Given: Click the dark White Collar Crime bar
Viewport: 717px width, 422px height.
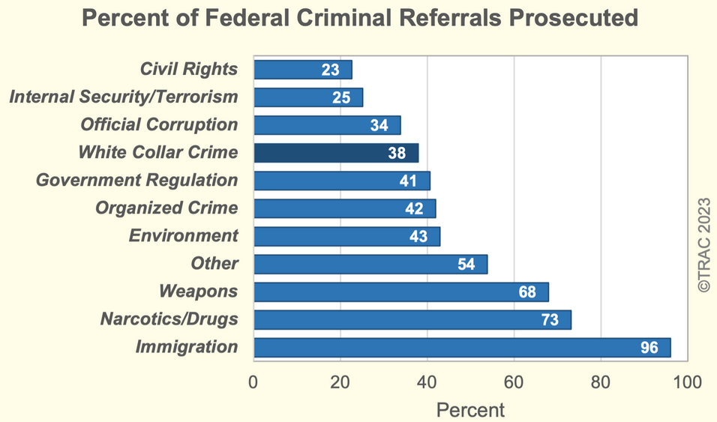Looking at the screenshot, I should (x=335, y=153).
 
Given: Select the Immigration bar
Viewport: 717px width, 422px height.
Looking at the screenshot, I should (x=462, y=347).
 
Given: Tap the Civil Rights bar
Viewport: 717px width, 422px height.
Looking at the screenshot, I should (x=302, y=70).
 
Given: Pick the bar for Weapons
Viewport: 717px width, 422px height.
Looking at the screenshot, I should (x=400, y=292).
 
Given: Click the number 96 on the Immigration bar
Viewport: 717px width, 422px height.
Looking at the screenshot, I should (x=649, y=347).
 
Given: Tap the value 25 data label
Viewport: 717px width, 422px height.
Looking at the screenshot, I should (x=342, y=97).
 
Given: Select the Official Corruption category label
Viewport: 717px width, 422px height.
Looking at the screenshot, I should (x=159, y=124).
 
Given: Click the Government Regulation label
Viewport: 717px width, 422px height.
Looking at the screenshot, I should (x=137, y=180).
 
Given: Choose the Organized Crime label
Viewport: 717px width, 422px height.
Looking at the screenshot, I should (x=166, y=208).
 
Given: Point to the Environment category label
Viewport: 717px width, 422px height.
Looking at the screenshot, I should (x=184, y=235).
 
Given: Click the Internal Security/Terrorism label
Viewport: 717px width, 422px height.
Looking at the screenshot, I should (x=123, y=97).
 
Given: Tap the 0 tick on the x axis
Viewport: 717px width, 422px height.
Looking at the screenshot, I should (x=253, y=382).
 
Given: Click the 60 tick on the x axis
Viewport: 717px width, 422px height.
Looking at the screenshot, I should (x=514, y=382).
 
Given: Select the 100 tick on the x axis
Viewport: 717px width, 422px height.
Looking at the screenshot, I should (x=686, y=382).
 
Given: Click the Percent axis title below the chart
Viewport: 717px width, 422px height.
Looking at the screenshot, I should (x=470, y=409).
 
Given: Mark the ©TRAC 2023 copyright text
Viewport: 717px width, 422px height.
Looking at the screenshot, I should (x=703, y=245).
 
